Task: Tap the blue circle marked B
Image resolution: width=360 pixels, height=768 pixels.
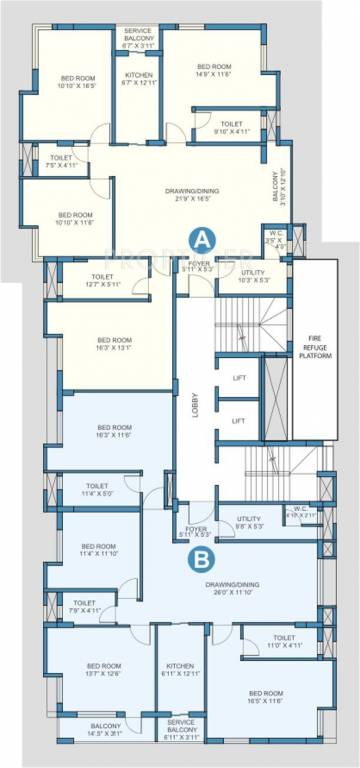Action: (200, 559)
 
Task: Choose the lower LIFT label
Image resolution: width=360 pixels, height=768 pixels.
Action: (237, 421)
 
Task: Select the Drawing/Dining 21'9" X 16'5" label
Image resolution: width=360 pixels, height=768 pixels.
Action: (191, 195)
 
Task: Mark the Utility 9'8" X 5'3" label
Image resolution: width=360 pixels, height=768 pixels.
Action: (248, 522)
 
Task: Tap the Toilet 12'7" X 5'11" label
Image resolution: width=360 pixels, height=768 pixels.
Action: (102, 281)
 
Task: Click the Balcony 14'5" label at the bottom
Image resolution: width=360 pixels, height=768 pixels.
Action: (105, 730)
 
